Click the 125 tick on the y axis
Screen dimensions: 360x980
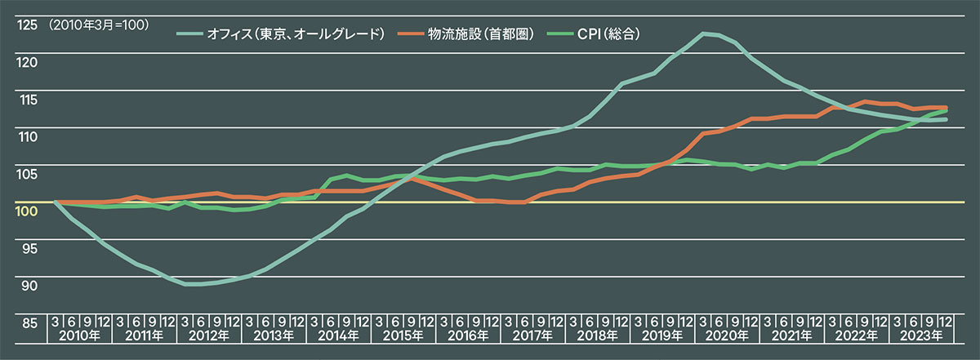[x=27, y=25]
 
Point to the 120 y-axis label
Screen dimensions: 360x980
[x=27, y=62]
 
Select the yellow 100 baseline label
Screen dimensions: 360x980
[x=27, y=211]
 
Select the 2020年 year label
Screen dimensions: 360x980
[x=727, y=336]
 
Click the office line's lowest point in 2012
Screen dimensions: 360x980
[x=192, y=284]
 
